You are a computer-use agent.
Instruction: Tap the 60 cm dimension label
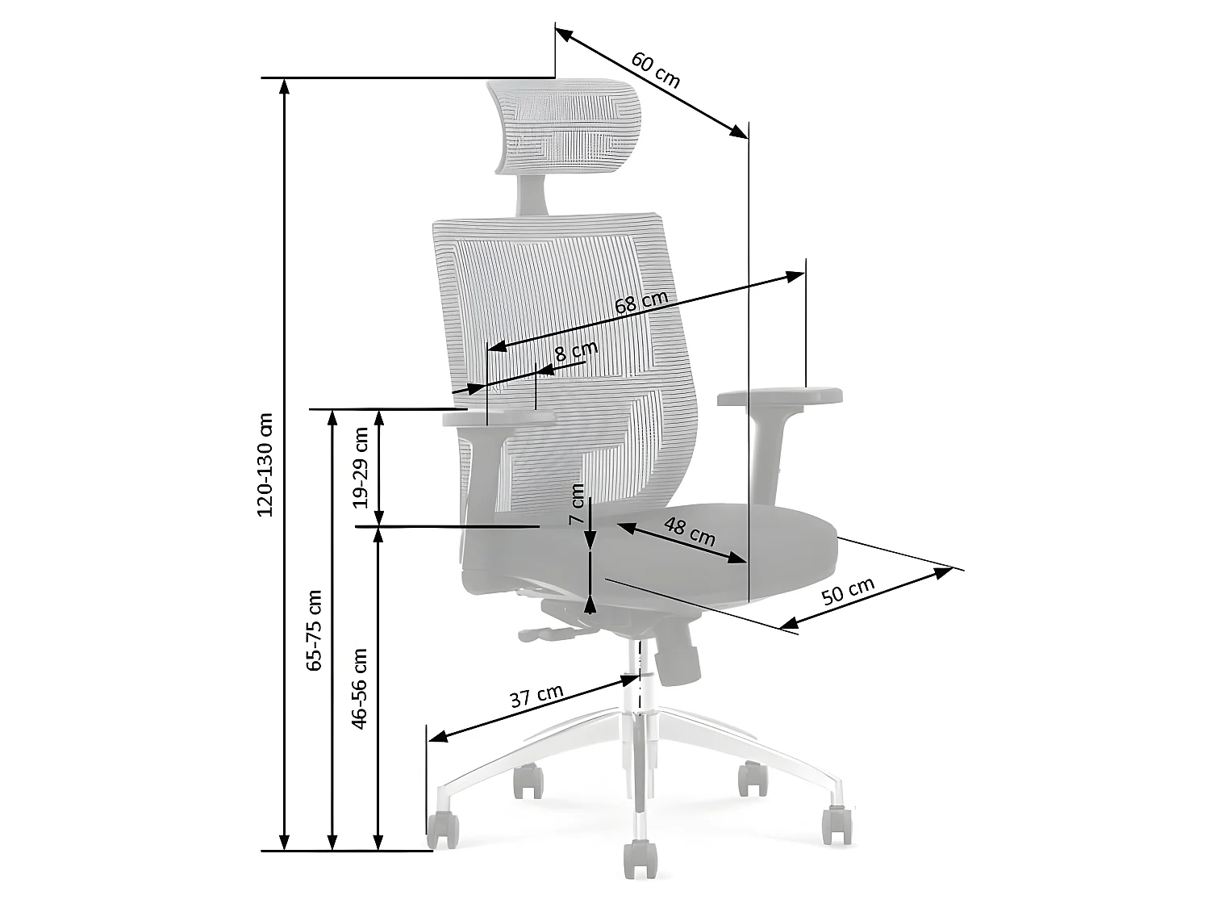coord(655,70)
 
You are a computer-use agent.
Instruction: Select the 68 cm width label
coord(641,303)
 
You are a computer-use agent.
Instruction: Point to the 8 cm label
coord(577,353)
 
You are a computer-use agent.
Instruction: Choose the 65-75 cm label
coord(314,630)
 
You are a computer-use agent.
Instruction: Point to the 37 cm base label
coord(536,696)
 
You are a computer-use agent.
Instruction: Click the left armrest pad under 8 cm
coord(499,419)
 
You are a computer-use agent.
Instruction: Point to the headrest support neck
coord(533,194)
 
